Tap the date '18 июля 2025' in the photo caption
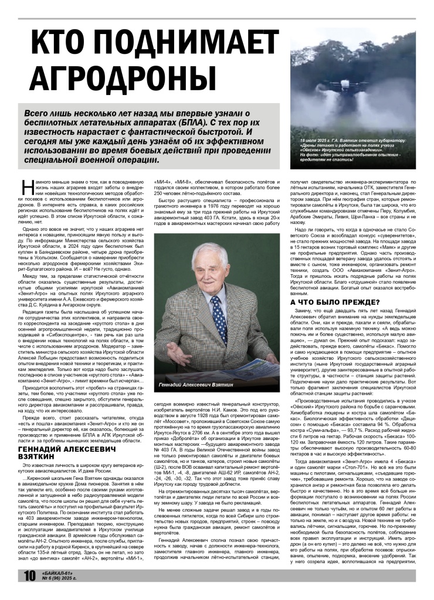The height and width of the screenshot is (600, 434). (x=316, y=141)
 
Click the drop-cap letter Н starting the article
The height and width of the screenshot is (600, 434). (x=25, y=186)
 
